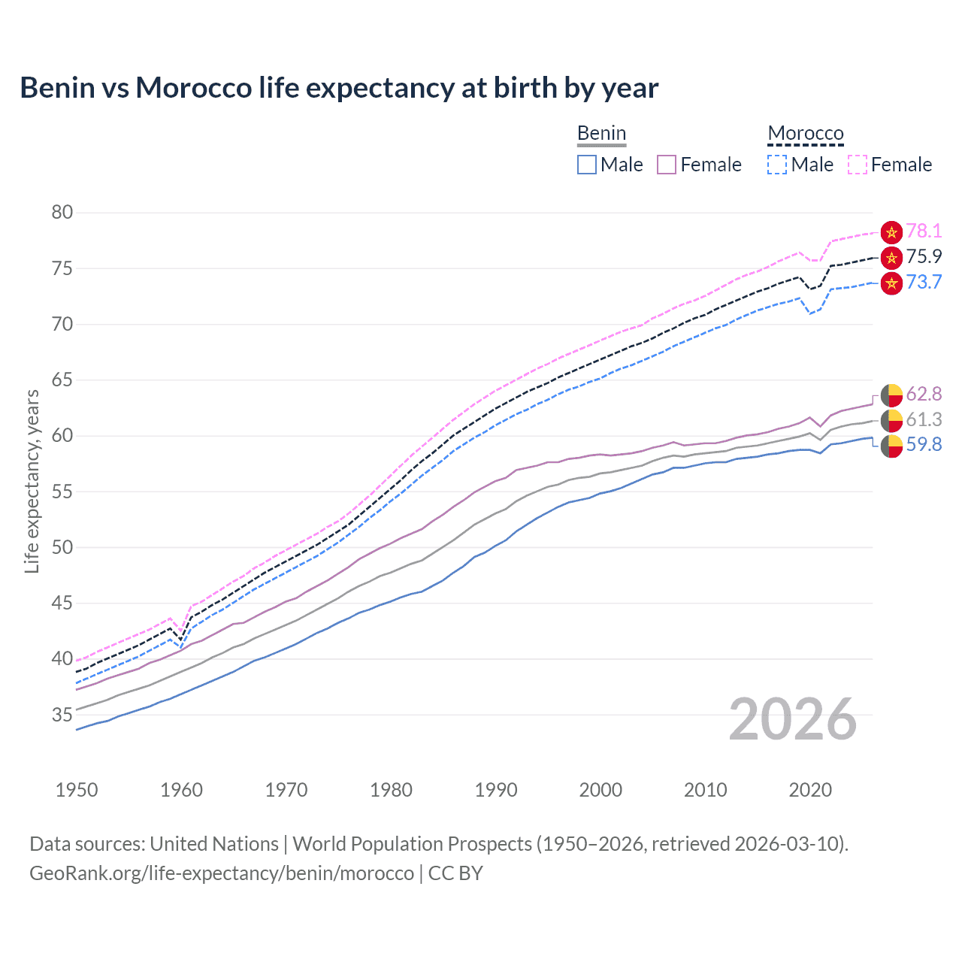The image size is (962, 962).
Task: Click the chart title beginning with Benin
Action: [x=339, y=88]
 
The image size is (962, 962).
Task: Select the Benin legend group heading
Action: [x=601, y=133]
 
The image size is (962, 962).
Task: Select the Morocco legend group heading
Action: [x=806, y=133]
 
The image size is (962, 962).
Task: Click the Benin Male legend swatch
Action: [x=587, y=165]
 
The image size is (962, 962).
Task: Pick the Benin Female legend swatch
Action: [x=667, y=165]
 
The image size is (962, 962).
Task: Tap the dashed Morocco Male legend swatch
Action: [x=777, y=165]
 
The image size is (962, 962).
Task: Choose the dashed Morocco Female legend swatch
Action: [x=858, y=165]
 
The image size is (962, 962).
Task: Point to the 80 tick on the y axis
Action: [x=62, y=213]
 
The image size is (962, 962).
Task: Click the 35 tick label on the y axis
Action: [x=62, y=715]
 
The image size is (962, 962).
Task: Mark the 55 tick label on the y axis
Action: [x=62, y=492]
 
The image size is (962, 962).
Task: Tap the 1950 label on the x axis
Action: [x=77, y=790]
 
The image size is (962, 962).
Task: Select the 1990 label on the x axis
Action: [x=496, y=790]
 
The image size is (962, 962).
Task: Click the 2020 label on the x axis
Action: [x=810, y=790]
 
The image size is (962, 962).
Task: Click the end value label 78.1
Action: [x=924, y=231]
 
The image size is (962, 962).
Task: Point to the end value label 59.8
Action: [x=924, y=445]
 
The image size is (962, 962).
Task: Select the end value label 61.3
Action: [x=924, y=419]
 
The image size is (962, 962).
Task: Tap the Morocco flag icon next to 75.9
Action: [x=891, y=258]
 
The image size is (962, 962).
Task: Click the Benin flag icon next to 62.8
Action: [x=891, y=395]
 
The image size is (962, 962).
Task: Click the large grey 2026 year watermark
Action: [x=793, y=719]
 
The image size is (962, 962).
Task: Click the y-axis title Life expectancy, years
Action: [x=32, y=481]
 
